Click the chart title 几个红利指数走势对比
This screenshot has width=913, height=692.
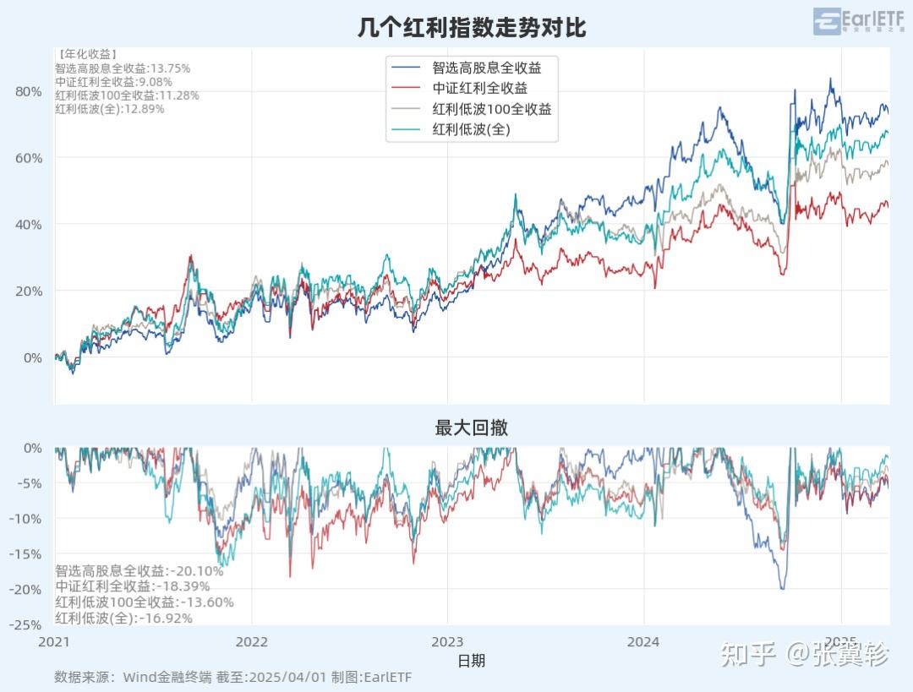[x=471, y=27]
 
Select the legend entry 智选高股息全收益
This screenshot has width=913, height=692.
[x=486, y=68]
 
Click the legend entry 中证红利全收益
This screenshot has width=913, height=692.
[x=480, y=88]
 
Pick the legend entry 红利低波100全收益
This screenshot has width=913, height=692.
[x=492, y=109]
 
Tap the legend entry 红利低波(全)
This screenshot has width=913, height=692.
[x=472, y=129]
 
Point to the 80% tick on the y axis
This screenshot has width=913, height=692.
[x=28, y=91]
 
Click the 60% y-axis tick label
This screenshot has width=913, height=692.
[x=28, y=158]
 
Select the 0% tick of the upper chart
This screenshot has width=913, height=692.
[x=31, y=357]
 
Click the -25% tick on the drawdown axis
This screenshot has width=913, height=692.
[x=25, y=624]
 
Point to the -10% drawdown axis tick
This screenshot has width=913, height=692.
[x=25, y=518]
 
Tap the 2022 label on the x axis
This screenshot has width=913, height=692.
[x=251, y=641]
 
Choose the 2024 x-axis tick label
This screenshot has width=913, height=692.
[x=643, y=641]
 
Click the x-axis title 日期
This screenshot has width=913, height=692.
[x=471, y=660]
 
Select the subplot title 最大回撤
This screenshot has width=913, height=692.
[x=471, y=428]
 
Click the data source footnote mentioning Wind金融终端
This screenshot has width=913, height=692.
[x=232, y=677]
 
